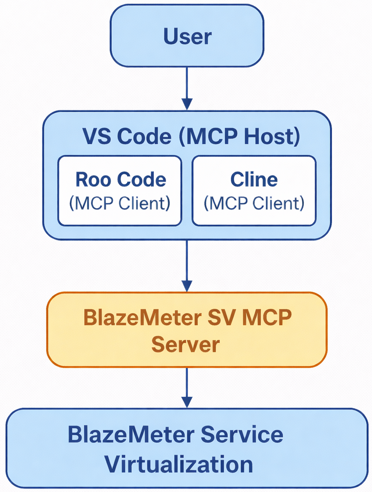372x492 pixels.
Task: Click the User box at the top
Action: click(x=187, y=37)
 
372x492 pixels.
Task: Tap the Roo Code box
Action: click(x=120, y=190)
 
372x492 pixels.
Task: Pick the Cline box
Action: click(x=254, y=190)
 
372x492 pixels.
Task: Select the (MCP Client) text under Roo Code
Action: click(x=120, y=203)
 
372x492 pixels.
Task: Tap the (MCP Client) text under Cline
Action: click(x=254, y=203)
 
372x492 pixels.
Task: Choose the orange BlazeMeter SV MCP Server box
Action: click(x=187, y=329)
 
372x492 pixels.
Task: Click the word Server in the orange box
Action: click(x=185, y=345)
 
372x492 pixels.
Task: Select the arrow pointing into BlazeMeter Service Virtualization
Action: click(x=187, y=388)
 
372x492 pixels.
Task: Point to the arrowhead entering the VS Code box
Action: click(x=187, y=104)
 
